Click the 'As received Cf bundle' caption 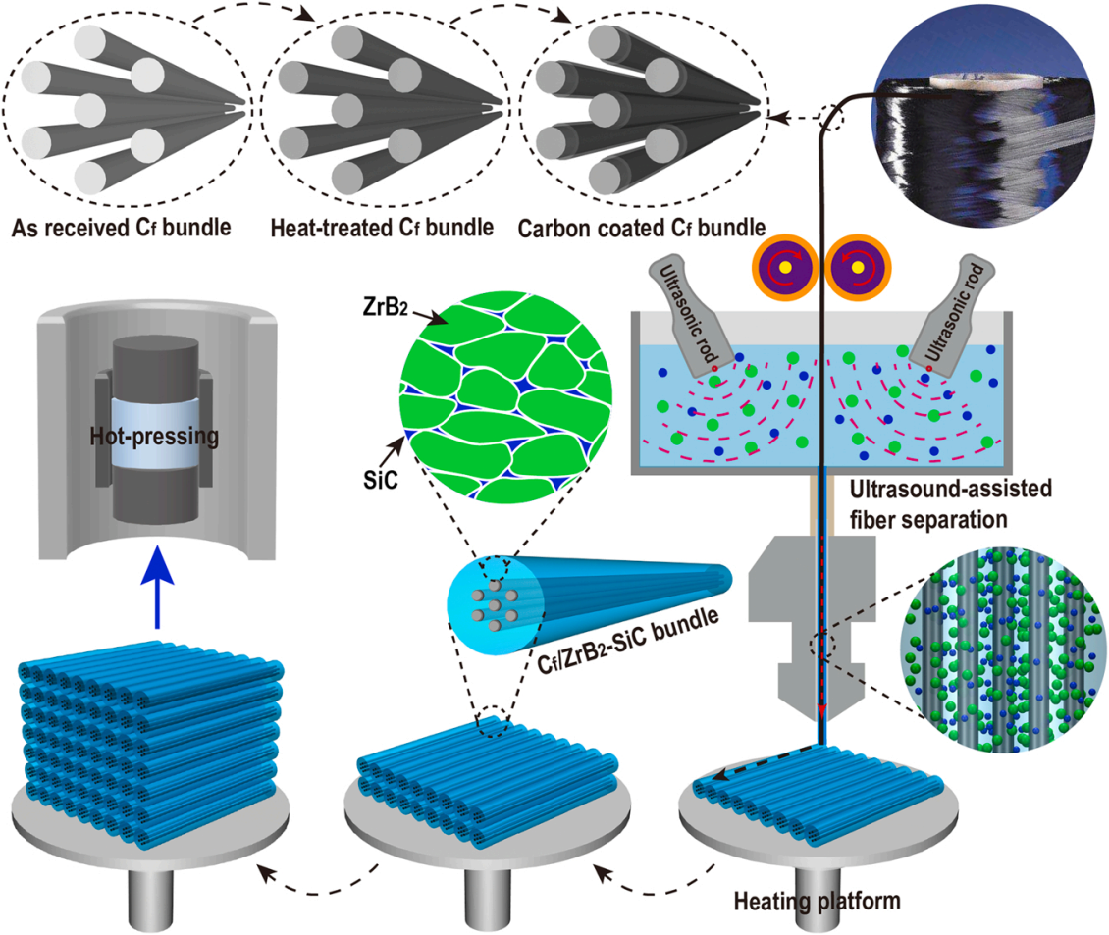pos(122,230)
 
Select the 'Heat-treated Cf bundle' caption pos(382,230)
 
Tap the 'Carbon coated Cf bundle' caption pos(642,230)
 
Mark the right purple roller pos(857,266)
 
